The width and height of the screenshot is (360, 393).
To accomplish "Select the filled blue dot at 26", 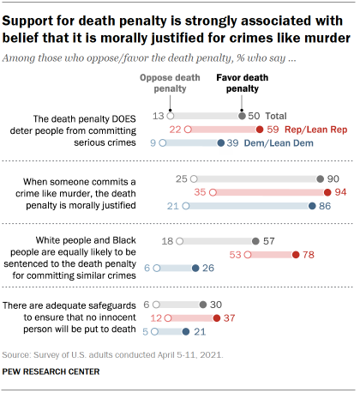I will tap(196, 269).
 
